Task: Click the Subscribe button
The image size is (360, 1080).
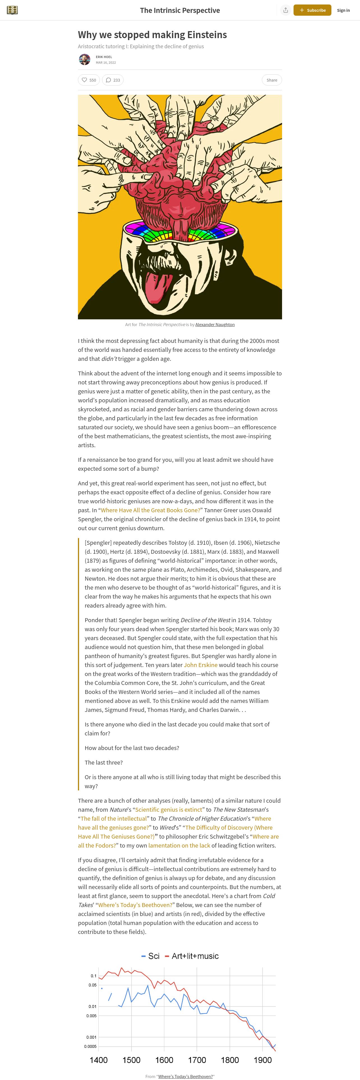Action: click(312, 10)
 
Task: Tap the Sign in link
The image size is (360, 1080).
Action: click(343, 10)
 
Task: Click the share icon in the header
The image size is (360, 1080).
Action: click(285, 10)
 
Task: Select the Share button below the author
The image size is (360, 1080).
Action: click(272, 80)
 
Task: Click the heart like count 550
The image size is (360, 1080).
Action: click(89, 80)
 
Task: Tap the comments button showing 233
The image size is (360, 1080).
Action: click(113, 80)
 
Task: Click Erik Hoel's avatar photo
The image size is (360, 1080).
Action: click(85, 59)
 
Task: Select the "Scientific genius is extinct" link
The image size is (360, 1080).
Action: click(169, 810)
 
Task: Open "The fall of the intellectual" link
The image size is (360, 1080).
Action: click(114, 818)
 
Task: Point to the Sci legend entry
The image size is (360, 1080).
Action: click(151, 956)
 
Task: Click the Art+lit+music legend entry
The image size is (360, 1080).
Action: click(192, 956)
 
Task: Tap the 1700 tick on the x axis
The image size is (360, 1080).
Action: click(197, 1060)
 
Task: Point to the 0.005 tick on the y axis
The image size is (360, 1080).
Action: click(91, 1016)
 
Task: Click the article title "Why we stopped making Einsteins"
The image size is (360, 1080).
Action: click(152, 35)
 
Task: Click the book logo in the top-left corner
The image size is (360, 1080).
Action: click(12, 10)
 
